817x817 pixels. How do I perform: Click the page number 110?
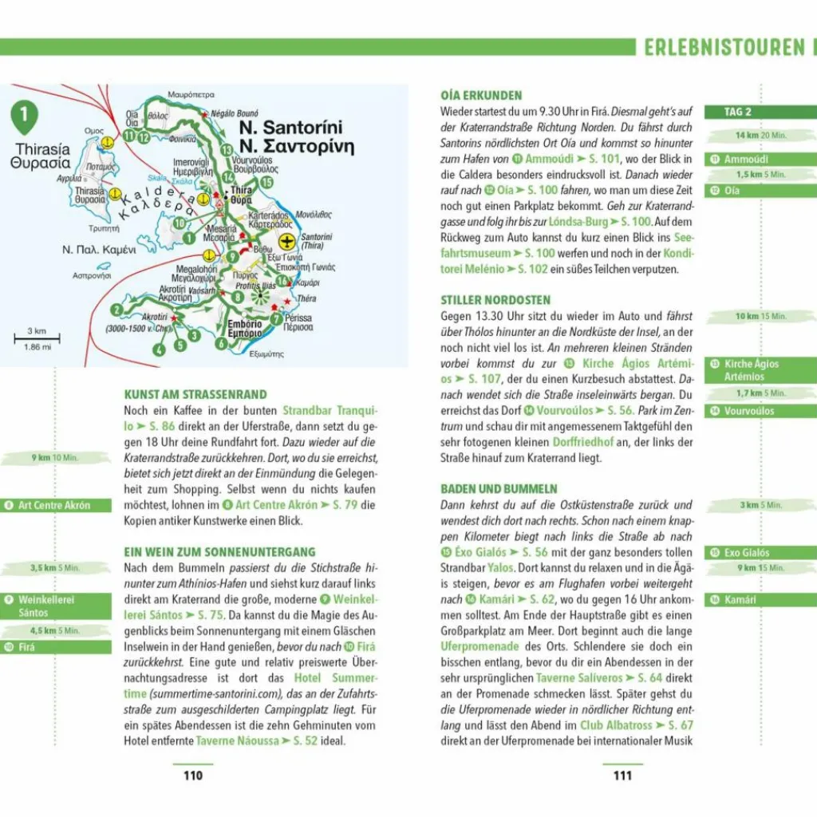click(193, 776)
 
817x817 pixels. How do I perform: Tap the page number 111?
click(622, 776)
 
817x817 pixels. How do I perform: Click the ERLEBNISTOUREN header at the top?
click(724, 48)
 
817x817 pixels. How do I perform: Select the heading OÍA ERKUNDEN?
click(481, 95)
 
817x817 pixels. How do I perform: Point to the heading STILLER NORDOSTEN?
click(495, 300)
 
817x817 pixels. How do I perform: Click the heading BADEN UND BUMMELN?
click(499, 488)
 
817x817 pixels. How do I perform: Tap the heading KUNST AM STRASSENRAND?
click(195, 394)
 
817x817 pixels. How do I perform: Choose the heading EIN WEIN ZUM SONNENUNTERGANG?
click(219, 551)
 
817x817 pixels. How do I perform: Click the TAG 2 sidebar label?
click(737, 112)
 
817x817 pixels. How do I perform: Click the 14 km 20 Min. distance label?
click(760, 136)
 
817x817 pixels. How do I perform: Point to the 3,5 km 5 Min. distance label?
click(55, 568)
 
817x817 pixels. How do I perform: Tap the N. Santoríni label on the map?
click(290, 128)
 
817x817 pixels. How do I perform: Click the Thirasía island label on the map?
click(41, 149)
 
